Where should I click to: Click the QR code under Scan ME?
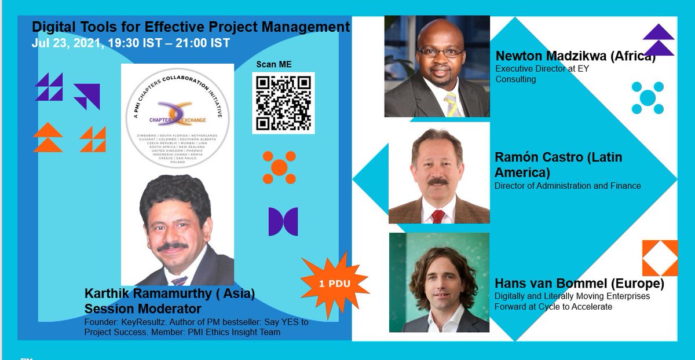tap(283, 103)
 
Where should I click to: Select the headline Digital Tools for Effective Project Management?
tap(191, 27)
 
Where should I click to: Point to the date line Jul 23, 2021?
tap(130, 43)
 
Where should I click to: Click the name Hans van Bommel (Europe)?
tap(579, 284)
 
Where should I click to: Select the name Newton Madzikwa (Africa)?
tap(575, 57)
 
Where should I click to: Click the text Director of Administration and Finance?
tap(568, 186)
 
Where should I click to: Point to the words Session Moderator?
tap(142, 308)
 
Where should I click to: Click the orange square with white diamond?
tap(659, 258)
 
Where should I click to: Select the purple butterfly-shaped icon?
tap(283, 222)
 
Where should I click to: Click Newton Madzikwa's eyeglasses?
tap(440, 52)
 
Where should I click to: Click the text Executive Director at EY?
tap(542, 69)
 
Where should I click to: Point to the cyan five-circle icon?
tap(647, 97)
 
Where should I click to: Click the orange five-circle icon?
tap(279, 168)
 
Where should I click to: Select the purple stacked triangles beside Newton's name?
tap(659, 39)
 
